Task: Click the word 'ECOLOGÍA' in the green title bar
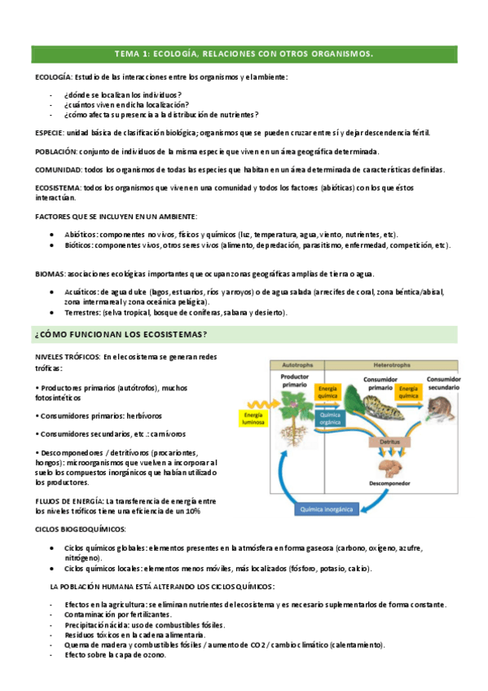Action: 183,54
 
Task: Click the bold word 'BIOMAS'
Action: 51,274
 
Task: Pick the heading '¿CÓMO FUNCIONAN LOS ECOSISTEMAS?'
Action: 120,335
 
